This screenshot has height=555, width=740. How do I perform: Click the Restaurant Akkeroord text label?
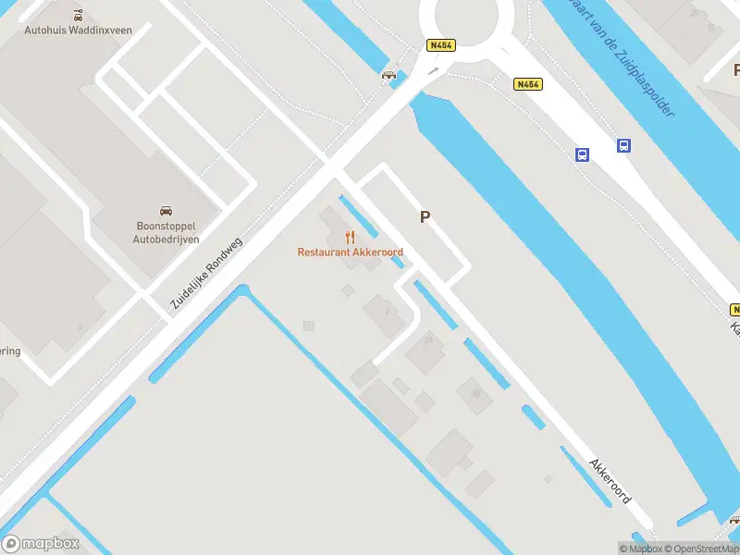(350, 252)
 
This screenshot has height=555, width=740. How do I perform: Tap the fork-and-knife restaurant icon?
(350, 237)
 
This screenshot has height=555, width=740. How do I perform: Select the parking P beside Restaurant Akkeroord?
(425, 217)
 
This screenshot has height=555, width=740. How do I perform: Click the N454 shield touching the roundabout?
(439, 44)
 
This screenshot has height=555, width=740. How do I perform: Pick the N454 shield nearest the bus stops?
(527, 84)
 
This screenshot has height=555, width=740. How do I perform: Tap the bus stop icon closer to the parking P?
(583, 154)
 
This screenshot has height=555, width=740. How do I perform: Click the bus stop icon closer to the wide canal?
(624, 145)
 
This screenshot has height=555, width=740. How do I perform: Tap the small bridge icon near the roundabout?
(389, 75)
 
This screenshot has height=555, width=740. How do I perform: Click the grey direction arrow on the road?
(433, 69)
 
